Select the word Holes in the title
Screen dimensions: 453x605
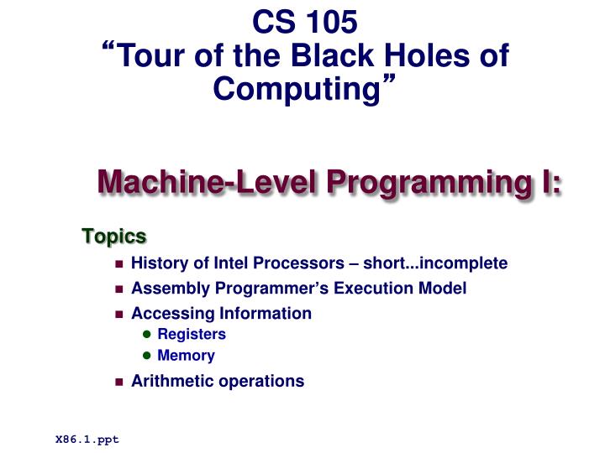click(422, 56)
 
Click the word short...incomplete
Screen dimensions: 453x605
click(445, 263)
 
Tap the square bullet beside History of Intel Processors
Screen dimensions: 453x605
click(118, 264)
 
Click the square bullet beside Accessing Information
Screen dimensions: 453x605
click(118, 315)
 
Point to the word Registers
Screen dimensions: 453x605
click(192, 334)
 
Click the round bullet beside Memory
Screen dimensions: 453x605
click(146, 356)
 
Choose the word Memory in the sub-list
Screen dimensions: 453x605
click(186, 355)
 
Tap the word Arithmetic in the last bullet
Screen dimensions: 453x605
click(173, 381)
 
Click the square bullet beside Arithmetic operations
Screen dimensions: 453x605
click(118, 382)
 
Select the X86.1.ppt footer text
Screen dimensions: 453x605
click(87, 439)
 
